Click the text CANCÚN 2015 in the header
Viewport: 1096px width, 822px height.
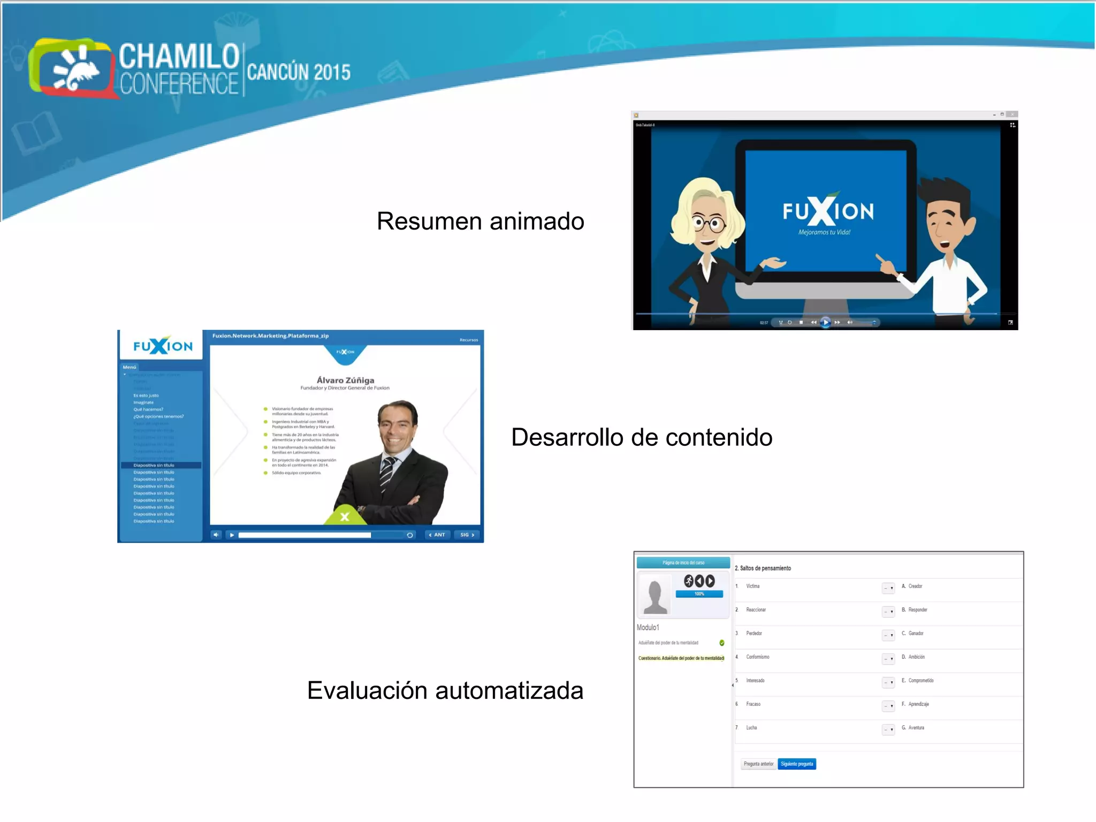(x=299, y=72)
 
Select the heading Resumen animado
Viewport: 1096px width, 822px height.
(x=480, y=221)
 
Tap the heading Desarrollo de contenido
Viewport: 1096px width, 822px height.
(x=641, y=437)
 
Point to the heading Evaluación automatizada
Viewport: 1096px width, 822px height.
(x=445, y=690)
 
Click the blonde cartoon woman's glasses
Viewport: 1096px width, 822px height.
(x=710, y=223)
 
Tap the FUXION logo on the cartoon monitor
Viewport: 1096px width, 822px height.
(x=827, y=211)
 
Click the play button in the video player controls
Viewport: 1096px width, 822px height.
(x=826, y=322)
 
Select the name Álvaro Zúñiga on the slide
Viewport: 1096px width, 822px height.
(x=345, y=380)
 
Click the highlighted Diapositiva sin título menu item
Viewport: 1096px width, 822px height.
(x=154, y=465)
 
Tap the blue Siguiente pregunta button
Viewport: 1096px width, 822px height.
(x=796, y=764)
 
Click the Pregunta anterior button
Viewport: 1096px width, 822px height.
(x=758, y=764)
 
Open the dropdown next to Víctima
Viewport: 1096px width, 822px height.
(x=888, y=588)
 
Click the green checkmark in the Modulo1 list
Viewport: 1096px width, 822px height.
(x=722, y=643)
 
